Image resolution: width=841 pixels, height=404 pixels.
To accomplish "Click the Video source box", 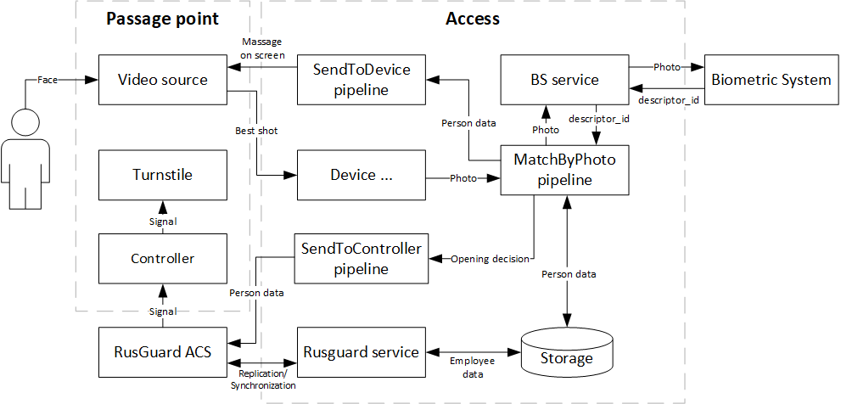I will click(162, 80).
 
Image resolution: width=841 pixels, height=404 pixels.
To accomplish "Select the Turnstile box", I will click(162, 175).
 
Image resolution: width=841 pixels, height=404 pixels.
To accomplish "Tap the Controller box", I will click(162, 258).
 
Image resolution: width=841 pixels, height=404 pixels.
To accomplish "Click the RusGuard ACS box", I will click(162, 352).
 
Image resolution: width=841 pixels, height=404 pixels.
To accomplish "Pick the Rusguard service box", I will click(362, 352).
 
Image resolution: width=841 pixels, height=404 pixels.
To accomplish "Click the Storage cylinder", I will click(566, 356).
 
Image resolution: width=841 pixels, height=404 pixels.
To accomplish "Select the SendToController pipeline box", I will click(362, 258).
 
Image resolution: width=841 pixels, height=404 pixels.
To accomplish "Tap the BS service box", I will click(564, 80).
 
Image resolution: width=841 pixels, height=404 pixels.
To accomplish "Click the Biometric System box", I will click(771, 80).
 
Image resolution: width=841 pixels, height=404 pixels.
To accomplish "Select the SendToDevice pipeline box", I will click(362, 80).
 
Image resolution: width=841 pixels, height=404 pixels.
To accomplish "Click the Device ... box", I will click(362, 175).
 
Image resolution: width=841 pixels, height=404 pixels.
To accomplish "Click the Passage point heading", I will click(162, 19).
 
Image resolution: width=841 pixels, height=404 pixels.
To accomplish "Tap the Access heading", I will click(473, 19).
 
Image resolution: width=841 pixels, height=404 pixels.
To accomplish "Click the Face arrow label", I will click(48, 80).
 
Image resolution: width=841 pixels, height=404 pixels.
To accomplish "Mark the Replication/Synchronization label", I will click(263, 379).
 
